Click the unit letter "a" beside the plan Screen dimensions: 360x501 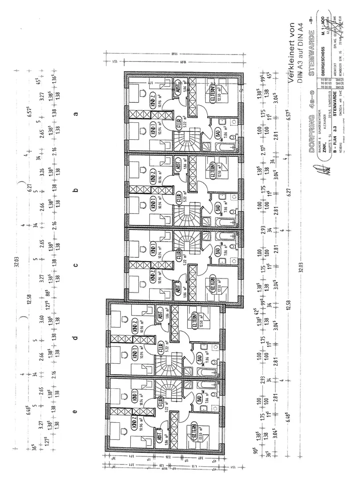tap(76, 114)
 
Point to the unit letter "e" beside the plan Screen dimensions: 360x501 tap(75, 412)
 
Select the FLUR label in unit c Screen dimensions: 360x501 tap(178, 255)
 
